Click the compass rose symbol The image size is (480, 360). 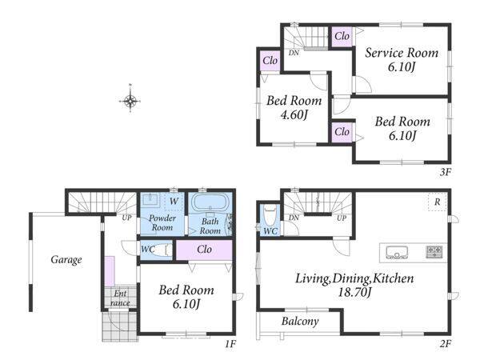click(130, 100)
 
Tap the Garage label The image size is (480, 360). click(66, 260)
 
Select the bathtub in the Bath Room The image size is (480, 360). click(210, 202)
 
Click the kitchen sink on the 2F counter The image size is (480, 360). click(397, 253)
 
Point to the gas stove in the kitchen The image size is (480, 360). click(434, 252)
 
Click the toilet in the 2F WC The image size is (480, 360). click(270, 217)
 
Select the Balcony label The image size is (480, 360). click(300, 321)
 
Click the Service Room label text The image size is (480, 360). click(402, 53)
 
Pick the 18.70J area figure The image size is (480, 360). click(354, 292)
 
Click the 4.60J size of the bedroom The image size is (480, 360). click(294, 114)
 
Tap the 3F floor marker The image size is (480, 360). click(446, 172)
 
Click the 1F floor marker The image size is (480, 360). click(230, 344)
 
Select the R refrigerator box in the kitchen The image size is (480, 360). click(437, 202)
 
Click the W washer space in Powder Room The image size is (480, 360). click(174, 202)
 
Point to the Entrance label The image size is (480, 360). click(120, 298)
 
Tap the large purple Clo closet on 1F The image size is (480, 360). click(204, 250)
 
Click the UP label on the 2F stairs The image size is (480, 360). click(342, 218)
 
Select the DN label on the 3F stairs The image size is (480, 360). click(294, 53)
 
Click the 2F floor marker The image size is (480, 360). click(446, 344)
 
